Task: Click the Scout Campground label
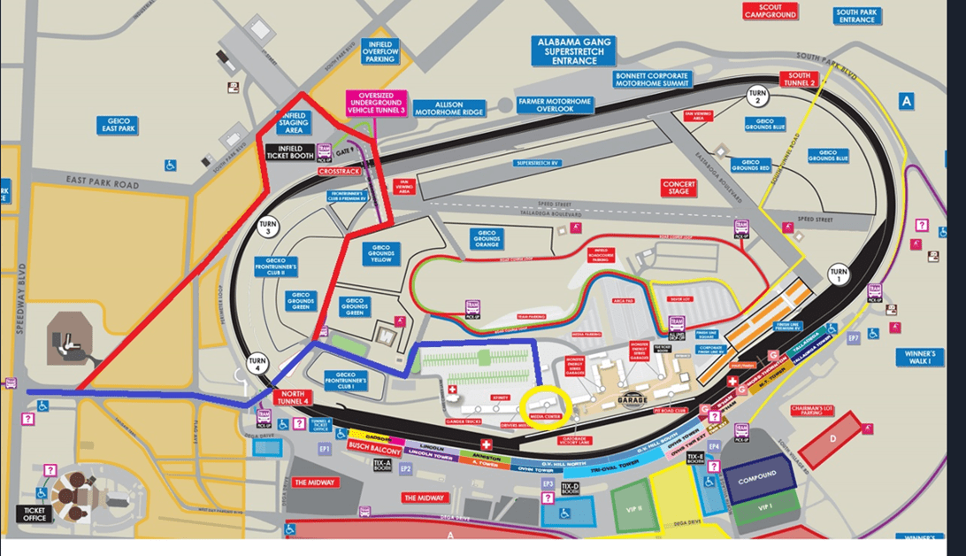tap(770, 12)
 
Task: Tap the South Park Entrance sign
tap(856, 16)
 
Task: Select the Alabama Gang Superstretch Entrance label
tap(573, 52)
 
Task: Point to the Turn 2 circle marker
tap(757, 97)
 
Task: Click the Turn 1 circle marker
tap(838, 273)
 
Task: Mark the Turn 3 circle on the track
tap(267, 227)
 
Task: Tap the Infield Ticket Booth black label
tap(290, 151)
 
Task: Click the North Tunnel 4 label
tap(294, 398)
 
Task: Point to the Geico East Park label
tap(118, 126)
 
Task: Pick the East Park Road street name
tap(102, 184)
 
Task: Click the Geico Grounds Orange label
tap(487, 238)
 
